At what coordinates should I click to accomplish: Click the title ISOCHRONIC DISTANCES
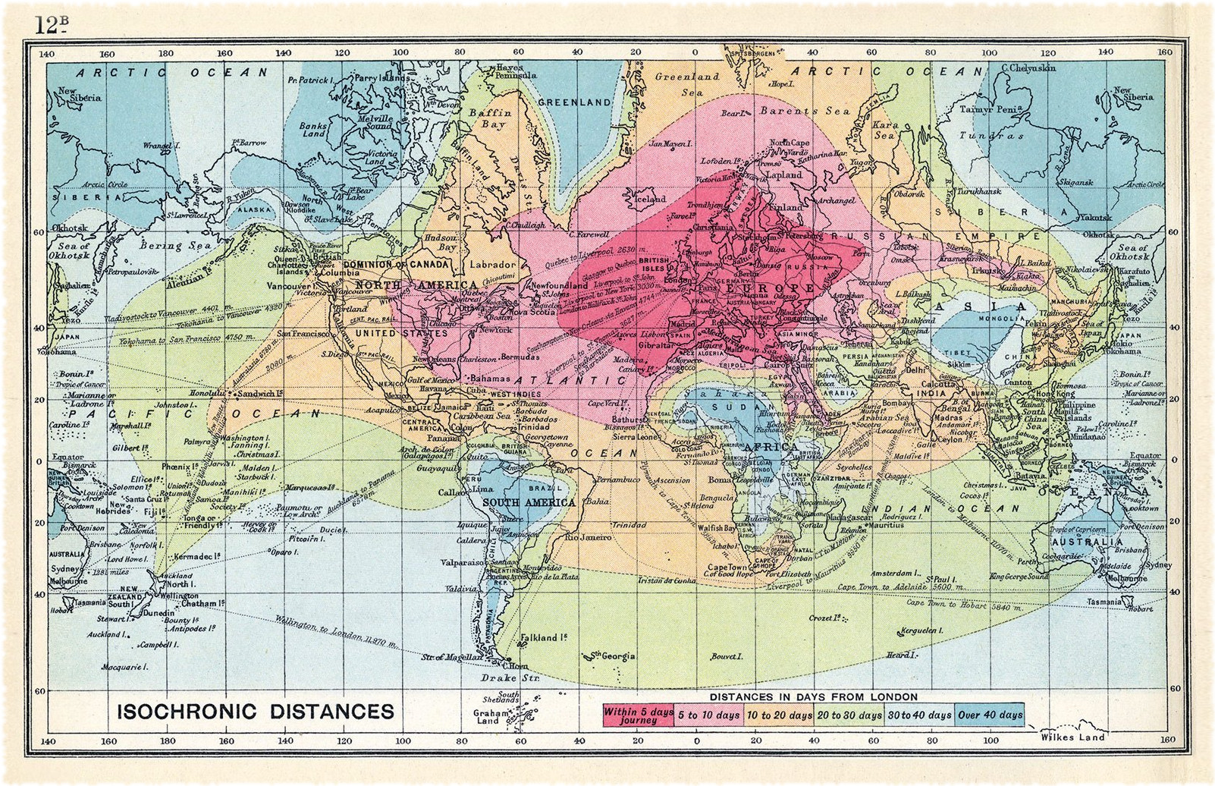255,712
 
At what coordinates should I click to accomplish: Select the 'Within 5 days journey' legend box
638,715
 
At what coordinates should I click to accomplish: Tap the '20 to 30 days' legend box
850,715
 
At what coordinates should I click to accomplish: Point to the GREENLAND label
574,102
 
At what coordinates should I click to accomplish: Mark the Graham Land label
488,717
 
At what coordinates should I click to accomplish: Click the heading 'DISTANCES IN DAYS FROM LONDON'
813,696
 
